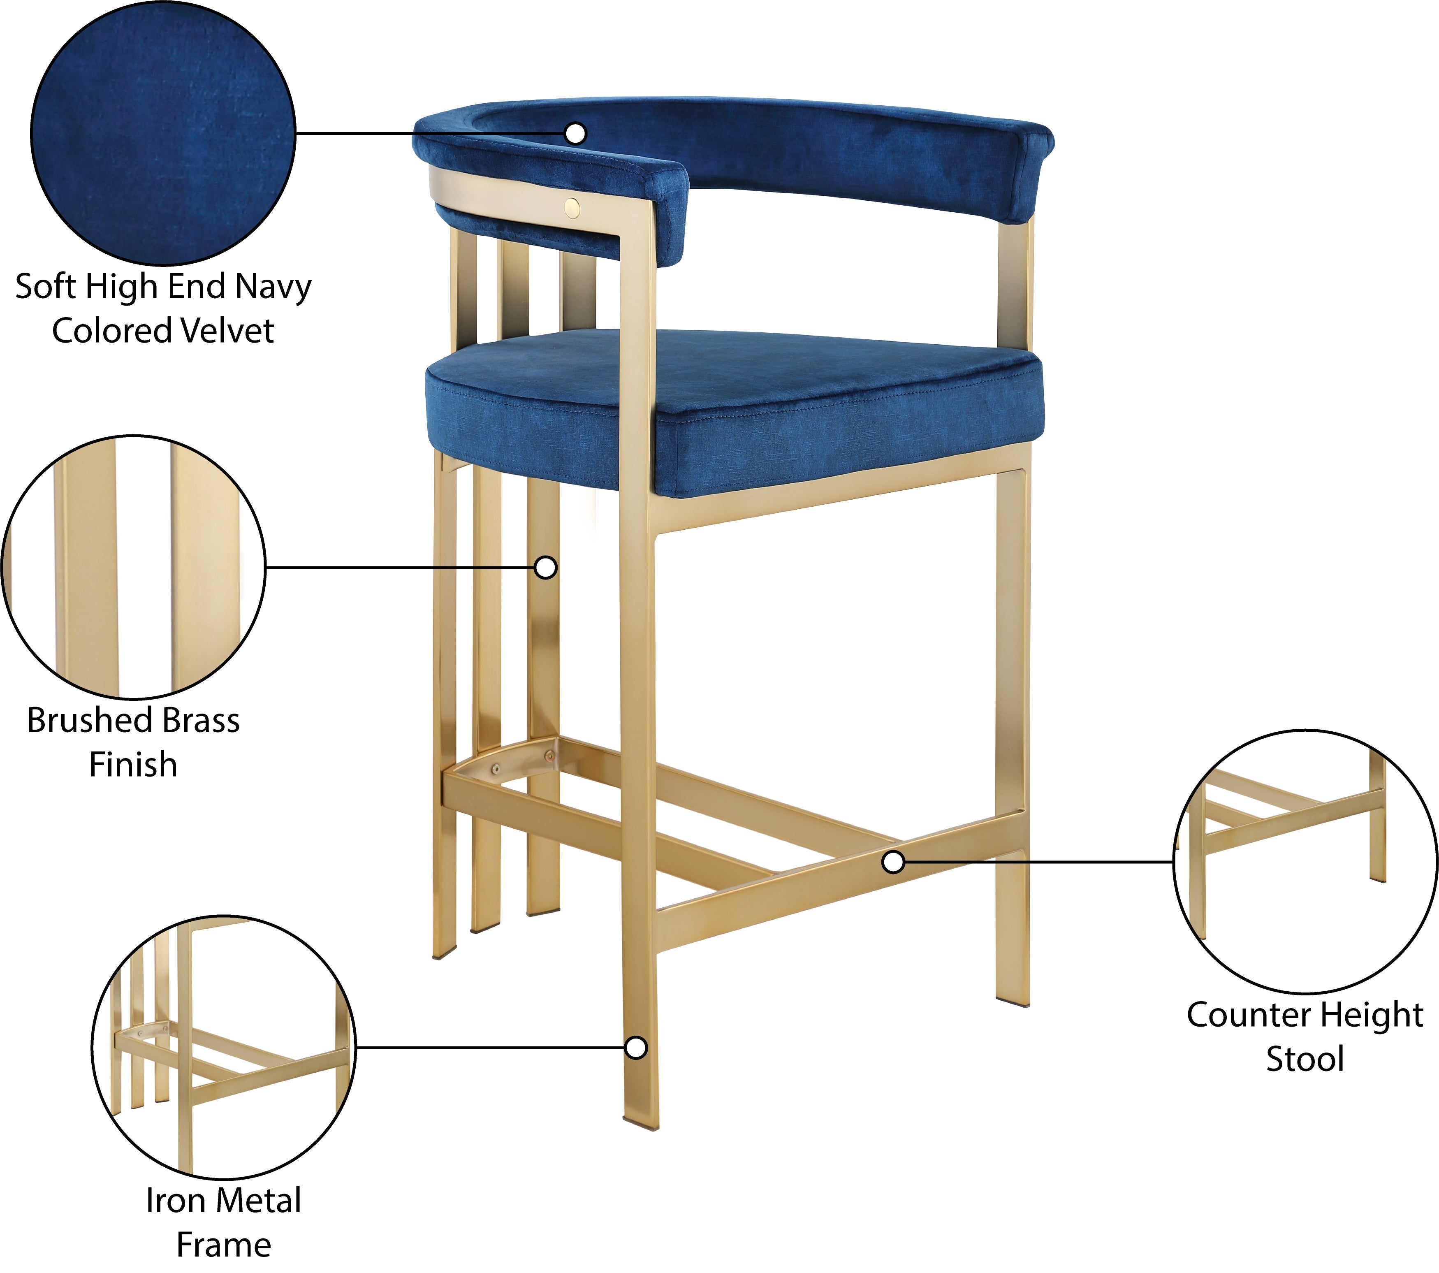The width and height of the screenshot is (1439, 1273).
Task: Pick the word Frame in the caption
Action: click(x=224, y=1245)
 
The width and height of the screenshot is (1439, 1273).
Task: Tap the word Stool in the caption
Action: click(x=1305, y=1059)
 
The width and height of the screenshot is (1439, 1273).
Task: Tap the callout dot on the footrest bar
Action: click(x=893, y=861)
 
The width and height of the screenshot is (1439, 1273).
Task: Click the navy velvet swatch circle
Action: click(x=162, y=133)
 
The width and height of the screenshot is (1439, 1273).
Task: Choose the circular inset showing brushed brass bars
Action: click(x=134, y=567)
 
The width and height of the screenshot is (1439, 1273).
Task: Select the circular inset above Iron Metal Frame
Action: click(x=224, y=1047)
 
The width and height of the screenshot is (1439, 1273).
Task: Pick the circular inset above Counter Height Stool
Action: click(x=1305, y=861)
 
